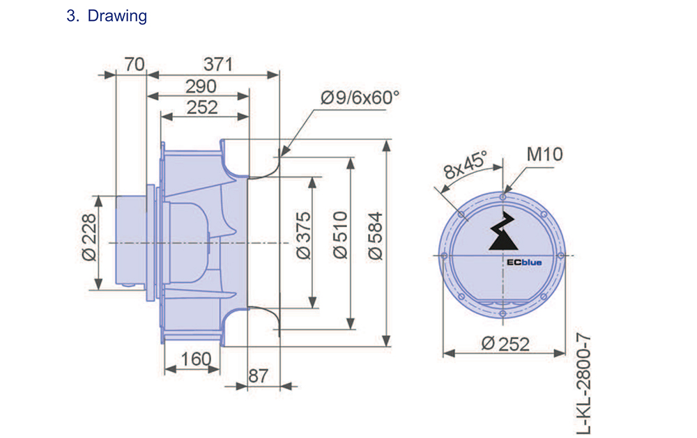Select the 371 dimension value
click(x=218, y=65)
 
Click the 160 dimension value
click(x=195, y=359)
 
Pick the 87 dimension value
click(x=258, y=375)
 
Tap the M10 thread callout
click(x=544, y=154)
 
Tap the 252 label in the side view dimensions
click(x=202, y=107)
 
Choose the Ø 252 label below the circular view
click(x=505, y=343)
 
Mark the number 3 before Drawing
click(x=71, y=16)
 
